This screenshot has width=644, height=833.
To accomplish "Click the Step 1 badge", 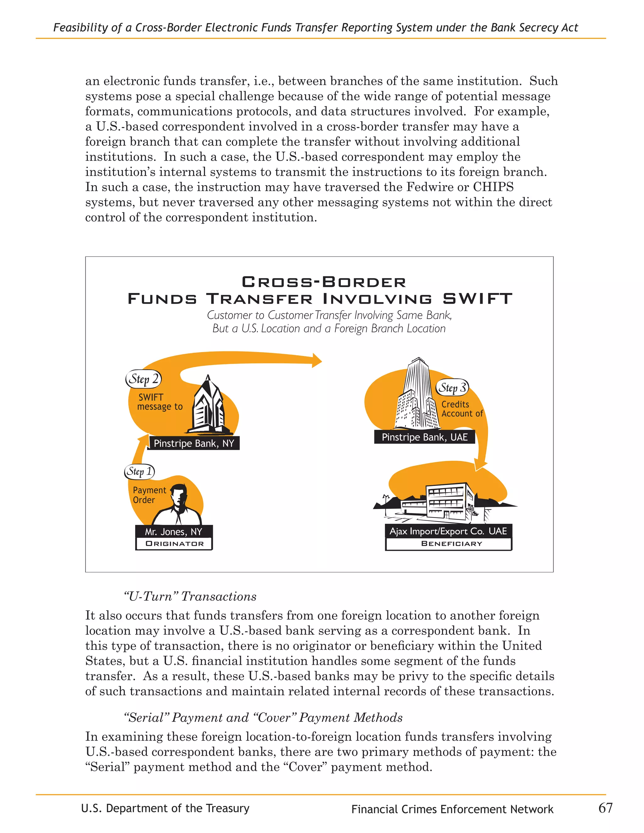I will point(139,472).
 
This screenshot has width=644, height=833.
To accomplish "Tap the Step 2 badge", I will point(143,379).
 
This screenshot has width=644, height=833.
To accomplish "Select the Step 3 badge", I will point(452,388).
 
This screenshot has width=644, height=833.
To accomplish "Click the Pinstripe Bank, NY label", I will point(194,443).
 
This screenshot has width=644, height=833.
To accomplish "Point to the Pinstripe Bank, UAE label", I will point(425,437).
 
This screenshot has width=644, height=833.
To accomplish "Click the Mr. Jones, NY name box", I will point(174,531).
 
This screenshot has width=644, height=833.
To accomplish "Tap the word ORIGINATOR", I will point(174,543).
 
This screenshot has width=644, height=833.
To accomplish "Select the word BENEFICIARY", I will point(451,543).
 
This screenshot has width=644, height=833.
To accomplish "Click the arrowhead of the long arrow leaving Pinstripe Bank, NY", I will point(317,361).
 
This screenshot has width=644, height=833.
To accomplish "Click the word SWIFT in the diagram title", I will point(477,299).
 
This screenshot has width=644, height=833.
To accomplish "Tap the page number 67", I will point(605,808).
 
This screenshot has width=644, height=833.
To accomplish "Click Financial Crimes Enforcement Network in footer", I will point(452,809).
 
